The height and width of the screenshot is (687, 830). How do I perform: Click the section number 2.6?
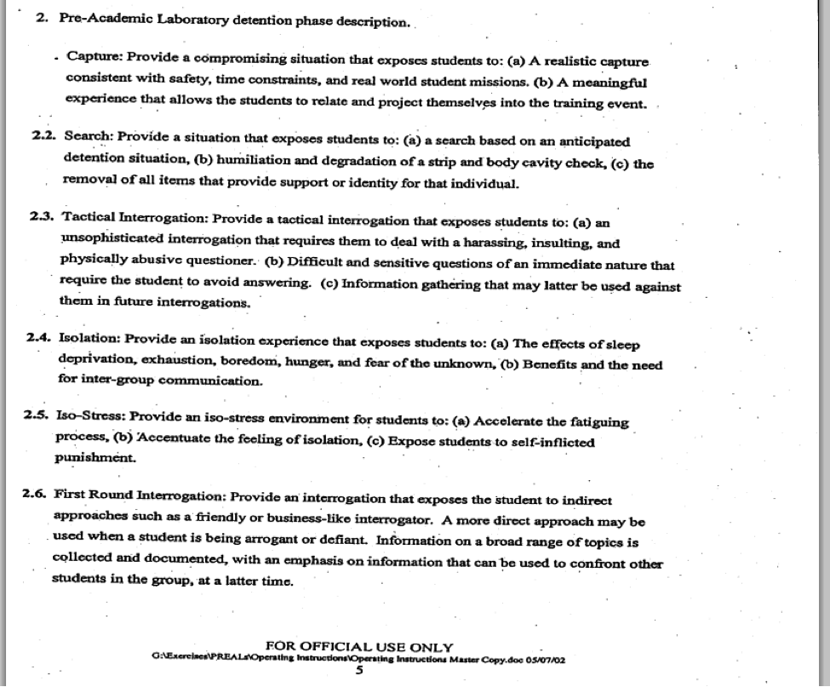tap(38, 493)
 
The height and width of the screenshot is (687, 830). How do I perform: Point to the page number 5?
tap(359, 669)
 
